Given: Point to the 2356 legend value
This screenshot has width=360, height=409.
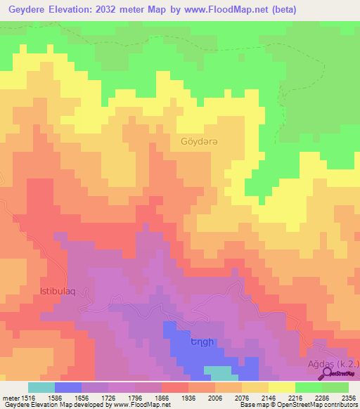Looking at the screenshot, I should click(x=349, y=397).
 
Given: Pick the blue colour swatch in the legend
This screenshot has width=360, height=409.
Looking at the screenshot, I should click(x=67, y=387).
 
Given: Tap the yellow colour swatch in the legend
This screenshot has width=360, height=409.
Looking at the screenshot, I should click(x=281, y=387).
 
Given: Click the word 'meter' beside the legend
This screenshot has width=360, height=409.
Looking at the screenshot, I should click(x=8, y=397).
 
